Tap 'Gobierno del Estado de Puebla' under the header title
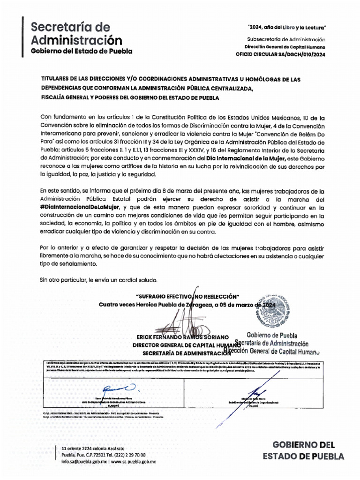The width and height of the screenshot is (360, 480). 82,51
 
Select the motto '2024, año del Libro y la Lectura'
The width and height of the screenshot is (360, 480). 286,28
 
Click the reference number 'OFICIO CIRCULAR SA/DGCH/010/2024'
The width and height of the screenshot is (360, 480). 280,54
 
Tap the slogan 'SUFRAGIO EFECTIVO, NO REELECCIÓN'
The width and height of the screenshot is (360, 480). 187,296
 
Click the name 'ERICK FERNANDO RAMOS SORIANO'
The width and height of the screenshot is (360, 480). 182,337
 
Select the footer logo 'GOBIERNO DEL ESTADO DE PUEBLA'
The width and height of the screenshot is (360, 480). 303,450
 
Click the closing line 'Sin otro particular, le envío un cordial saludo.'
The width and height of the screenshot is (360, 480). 98,280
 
